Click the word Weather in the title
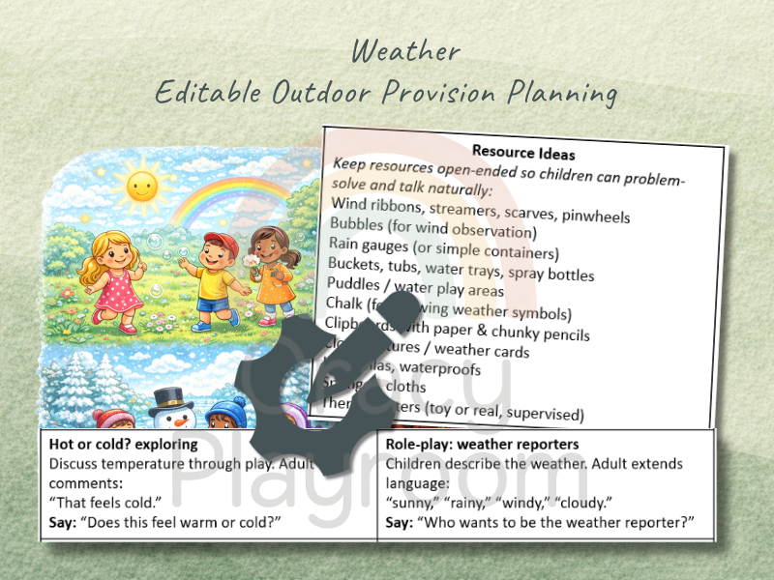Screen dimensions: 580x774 point(406,51)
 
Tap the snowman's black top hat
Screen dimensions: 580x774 point(171,398)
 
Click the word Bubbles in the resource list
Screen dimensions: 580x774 point(359,224)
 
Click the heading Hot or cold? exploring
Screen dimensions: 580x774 point(123,445)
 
